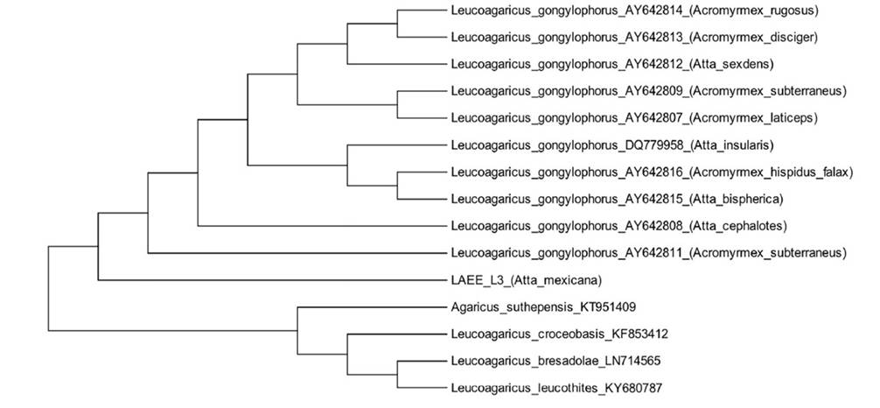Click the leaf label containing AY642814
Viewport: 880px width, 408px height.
point(638,11)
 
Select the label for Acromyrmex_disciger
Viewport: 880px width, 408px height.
point(634,38)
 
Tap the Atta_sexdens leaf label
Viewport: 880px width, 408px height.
point(624,64)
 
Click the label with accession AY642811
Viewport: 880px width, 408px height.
point(648,253)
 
